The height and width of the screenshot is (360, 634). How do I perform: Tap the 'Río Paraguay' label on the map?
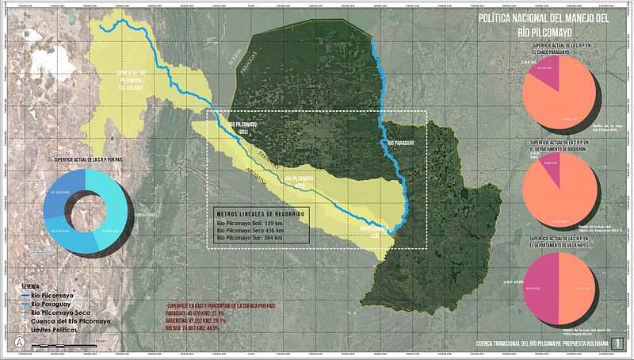pyautogui.click(x=402, y=143)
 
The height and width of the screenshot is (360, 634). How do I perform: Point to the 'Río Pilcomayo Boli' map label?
pyautogui.click(x=243, y=128)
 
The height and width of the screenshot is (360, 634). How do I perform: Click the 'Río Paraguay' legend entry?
pyautogui.click(x=53, y=304)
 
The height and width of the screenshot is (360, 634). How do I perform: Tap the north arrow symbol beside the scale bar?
pyautogui.click(x=19, y=341)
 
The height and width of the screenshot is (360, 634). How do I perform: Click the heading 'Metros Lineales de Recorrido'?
pyautogui.click(x=259, y=215)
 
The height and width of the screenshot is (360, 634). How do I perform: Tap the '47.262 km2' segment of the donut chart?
pyautogui.click(x=57, y=193)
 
